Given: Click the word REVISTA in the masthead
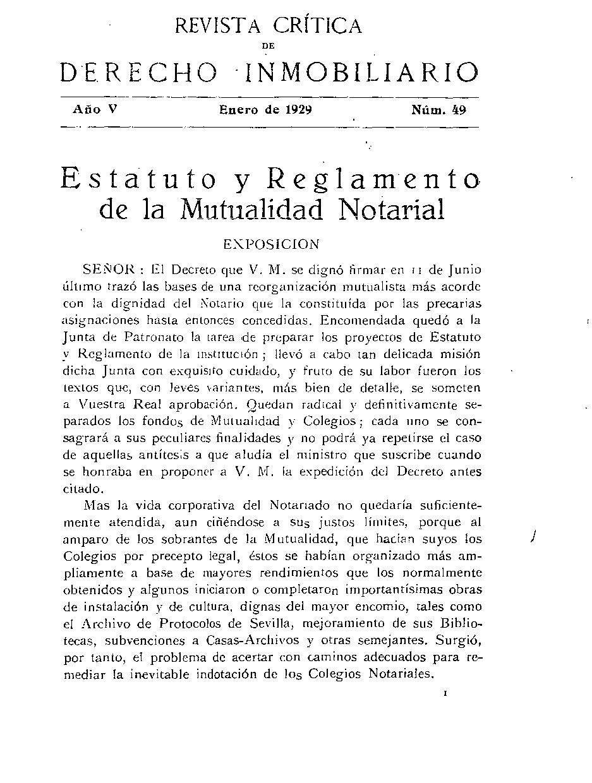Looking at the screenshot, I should click(221, 27).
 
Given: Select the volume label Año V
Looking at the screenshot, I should click(95, 109).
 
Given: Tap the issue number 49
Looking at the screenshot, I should click(459, 109).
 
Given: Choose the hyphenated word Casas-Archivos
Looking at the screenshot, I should click(244, 640).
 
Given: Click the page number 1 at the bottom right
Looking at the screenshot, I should click(446, 693).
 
